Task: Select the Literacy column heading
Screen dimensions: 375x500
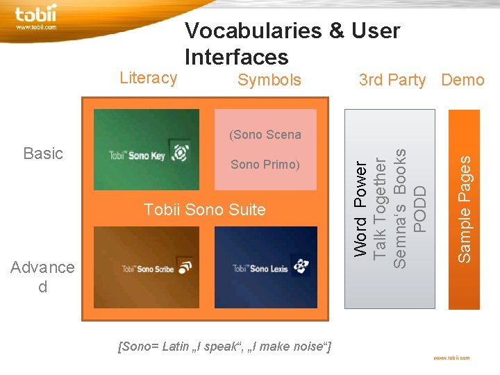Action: [148, 78]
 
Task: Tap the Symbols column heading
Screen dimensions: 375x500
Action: [269, 80]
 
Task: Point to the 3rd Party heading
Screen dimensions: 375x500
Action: [392, 80]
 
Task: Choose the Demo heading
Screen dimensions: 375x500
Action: [462, 80]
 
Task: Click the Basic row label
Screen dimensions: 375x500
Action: [43, 153]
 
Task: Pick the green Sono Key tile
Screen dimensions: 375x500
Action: [146, 149]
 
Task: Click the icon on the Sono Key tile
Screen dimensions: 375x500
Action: [181, 153]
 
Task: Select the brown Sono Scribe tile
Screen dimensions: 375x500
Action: [146, 267]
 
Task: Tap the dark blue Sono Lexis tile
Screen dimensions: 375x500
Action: [265, 267]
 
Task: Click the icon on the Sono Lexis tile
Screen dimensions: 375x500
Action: [299, 266]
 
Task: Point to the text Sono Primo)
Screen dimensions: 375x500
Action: [265, 165]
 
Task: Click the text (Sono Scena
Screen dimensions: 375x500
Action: [265, 135]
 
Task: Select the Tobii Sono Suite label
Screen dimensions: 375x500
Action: [204, 209]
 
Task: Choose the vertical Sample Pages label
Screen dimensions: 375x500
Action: [464, 208]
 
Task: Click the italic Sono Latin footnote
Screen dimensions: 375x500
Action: [224, 346]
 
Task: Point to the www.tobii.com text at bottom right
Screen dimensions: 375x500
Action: [451, 358]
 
